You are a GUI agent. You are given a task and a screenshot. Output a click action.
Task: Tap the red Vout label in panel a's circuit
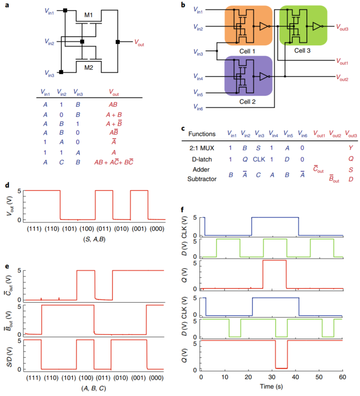141,42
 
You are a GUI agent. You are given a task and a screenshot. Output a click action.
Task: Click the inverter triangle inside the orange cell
263,27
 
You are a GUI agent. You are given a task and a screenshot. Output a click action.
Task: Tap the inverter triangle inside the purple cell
263,77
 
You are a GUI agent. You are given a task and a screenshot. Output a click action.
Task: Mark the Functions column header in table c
203,133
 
